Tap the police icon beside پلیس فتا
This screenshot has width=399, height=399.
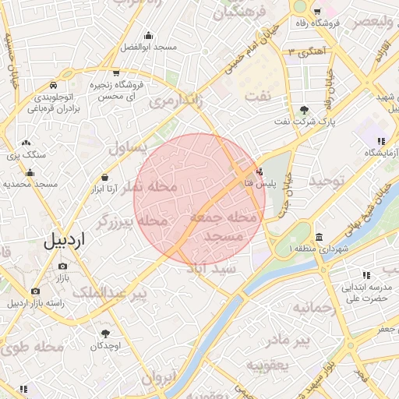[x=260, y=171]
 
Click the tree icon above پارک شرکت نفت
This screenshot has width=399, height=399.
[x=304, y=110]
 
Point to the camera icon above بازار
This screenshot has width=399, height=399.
[x=62, y=267]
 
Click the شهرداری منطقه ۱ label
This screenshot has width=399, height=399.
[x=319, y=249]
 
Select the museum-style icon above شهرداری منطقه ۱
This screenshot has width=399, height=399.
[x=319, y=237]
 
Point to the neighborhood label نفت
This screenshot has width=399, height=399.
[x=259, y=95]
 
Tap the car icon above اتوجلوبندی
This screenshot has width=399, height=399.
[x=51, y=85]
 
